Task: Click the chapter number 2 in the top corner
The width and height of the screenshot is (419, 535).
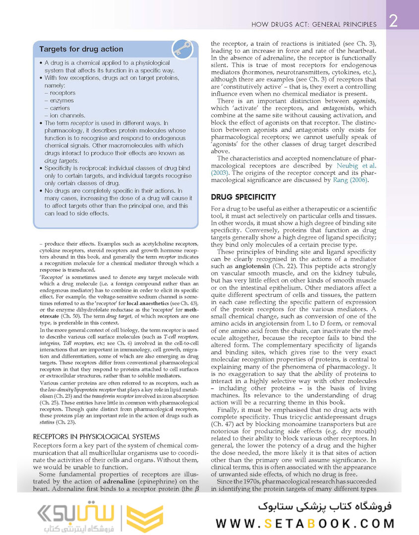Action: (x=392, y=22)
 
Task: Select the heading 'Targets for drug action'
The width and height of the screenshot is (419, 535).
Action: (x=81, y=49)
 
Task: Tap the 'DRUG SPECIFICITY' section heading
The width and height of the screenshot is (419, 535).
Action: (x=243, y=197)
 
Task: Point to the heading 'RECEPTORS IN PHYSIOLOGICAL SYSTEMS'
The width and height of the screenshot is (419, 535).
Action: (x=96, y=436)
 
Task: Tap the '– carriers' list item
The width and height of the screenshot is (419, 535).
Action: (x=60, y=107)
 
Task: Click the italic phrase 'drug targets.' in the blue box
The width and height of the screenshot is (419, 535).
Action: (x=61, y=161)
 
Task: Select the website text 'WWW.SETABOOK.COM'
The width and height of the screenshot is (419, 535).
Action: (x=305, y=523)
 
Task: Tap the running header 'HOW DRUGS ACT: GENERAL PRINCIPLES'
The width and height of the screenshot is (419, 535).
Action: (x=314, y=24)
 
